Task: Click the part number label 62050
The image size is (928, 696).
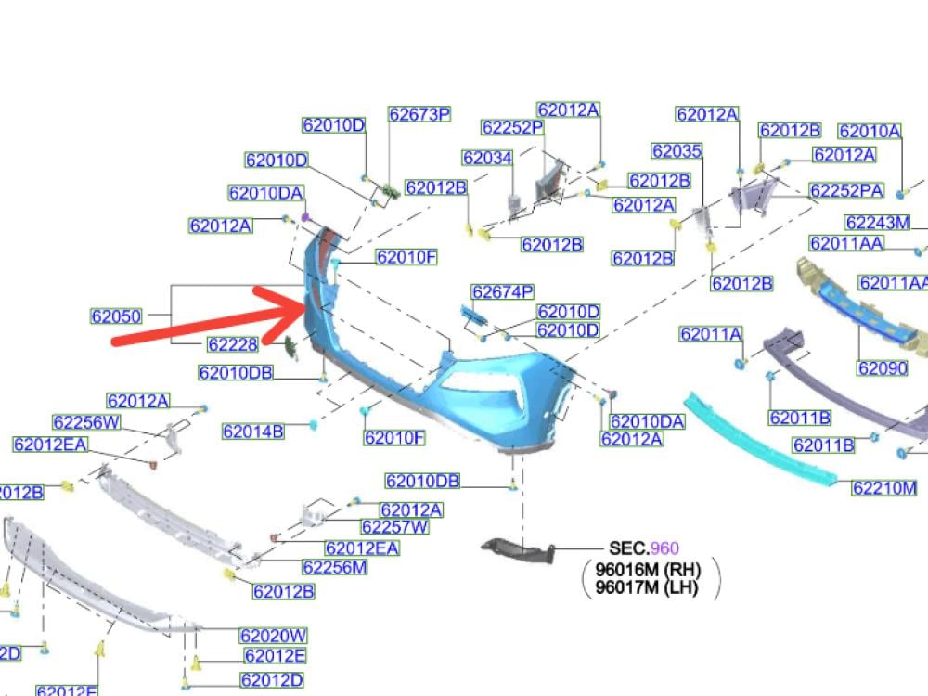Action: [116, 316]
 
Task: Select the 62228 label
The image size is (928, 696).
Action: [233, 344]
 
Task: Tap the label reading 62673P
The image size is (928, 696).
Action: [419, 115]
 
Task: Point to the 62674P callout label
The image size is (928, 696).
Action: [502, 292]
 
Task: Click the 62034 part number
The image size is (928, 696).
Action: [487, 159]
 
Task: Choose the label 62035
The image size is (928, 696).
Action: [677, 151]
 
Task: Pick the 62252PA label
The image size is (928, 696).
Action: [846, 190]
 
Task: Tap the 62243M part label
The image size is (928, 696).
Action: [877, 223]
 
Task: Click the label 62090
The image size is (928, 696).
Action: [883, 368]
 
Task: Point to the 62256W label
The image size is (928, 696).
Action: [86, 423]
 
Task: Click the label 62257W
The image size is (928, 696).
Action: [395, 528]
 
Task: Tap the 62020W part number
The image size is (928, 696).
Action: [273, 637]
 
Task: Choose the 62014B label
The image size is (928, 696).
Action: [253, 432]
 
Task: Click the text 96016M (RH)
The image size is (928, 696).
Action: [648, 570]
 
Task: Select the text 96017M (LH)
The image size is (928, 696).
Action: [647, 587]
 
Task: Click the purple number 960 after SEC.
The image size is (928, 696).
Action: [665, 549]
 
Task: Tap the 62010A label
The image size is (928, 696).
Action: [870, 132]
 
